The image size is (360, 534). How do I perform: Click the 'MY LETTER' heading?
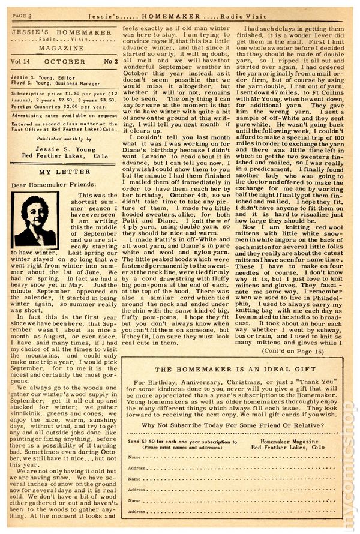[65, 172]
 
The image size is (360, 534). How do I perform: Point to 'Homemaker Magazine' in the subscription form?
[291, 441]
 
